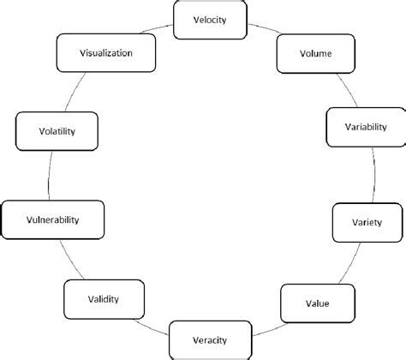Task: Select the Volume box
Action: point(304,53)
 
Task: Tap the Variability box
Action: point(365,127)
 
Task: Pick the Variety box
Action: point(361,223)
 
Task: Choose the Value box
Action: point(316,303)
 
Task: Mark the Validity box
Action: point(103,299)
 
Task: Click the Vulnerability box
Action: point(53,219)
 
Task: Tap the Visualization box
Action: point(106,52)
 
